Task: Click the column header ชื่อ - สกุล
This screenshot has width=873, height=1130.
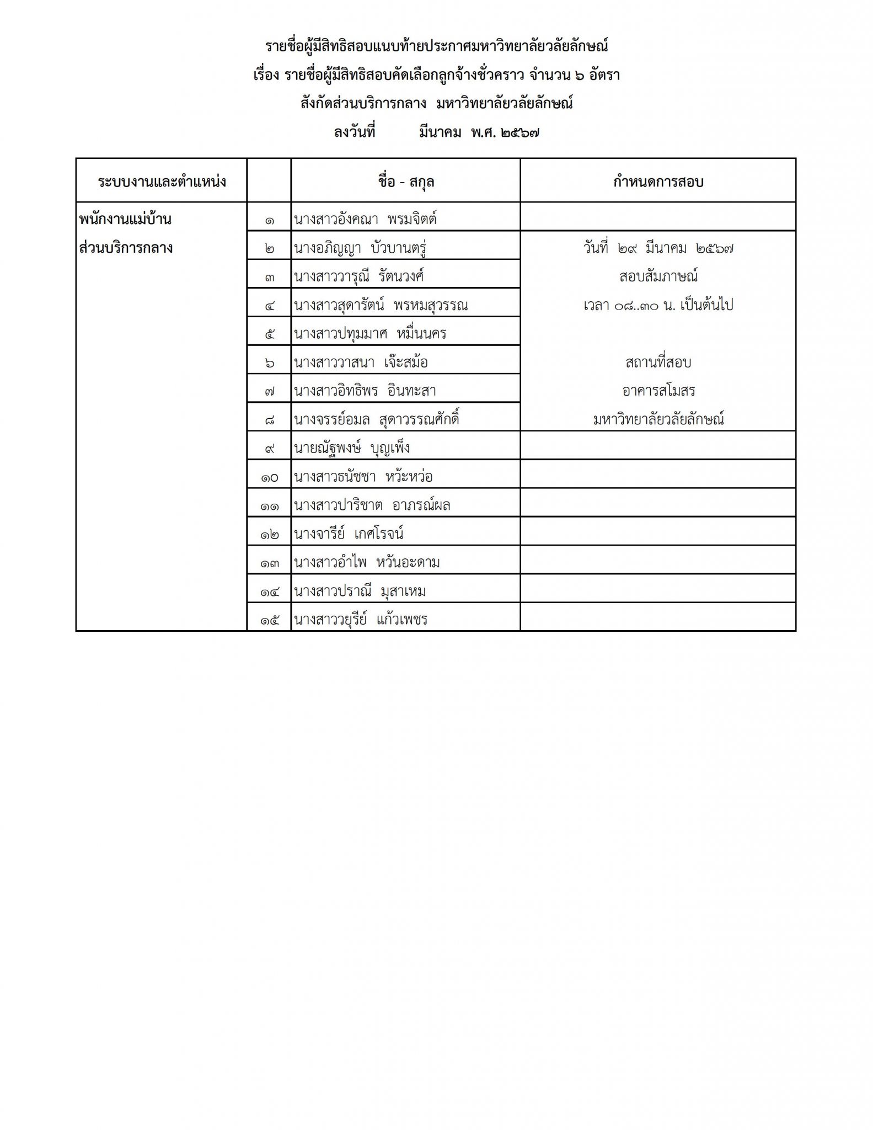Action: pyautogui.click(x=406, y=182)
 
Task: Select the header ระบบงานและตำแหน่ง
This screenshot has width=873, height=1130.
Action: pyautogui.click(x=162, y=182)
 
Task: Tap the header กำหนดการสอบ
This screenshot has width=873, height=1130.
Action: pyautogui.click(x=658, y=182)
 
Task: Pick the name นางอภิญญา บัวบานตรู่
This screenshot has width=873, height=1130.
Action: pyautogui.click(x=361, y=248)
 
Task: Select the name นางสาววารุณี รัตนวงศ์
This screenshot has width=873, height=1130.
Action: pyautogui.click(x=359, y=276)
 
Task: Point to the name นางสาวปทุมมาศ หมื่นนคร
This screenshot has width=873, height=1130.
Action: pyautogui.click(x=370, y=334)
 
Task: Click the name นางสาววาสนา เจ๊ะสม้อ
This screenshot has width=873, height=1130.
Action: pyautogui.click(x=361, y=363)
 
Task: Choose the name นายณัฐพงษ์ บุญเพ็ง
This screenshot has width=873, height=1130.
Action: pyautogui.click(x=352, y=448)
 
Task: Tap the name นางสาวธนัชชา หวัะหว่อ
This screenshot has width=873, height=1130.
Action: pyautogui.click(x=363, y=477)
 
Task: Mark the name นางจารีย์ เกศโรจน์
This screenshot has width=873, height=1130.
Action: pyautogui.click(x=349, y=534)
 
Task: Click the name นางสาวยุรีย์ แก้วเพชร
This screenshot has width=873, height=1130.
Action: pyautogui.click(x=361, y=620)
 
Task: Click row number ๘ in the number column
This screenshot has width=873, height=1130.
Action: pyautogui.click(x=270, y=420)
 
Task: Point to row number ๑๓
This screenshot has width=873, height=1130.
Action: pyautogui.click(x=270, y=563)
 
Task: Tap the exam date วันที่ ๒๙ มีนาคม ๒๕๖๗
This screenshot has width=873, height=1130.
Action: pyautogui.click(x=658, y=248)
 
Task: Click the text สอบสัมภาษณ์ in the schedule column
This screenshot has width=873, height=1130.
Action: pyautogui.click(x=658, y=276)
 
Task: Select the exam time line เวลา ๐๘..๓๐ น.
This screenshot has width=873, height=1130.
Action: pyautogui.click(x=658, y=305)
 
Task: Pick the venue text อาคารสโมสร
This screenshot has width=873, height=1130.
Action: pyautogui.click(x=658, y=391)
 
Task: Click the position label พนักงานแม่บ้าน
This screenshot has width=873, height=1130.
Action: pyautogui.click(x=125, y=219)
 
